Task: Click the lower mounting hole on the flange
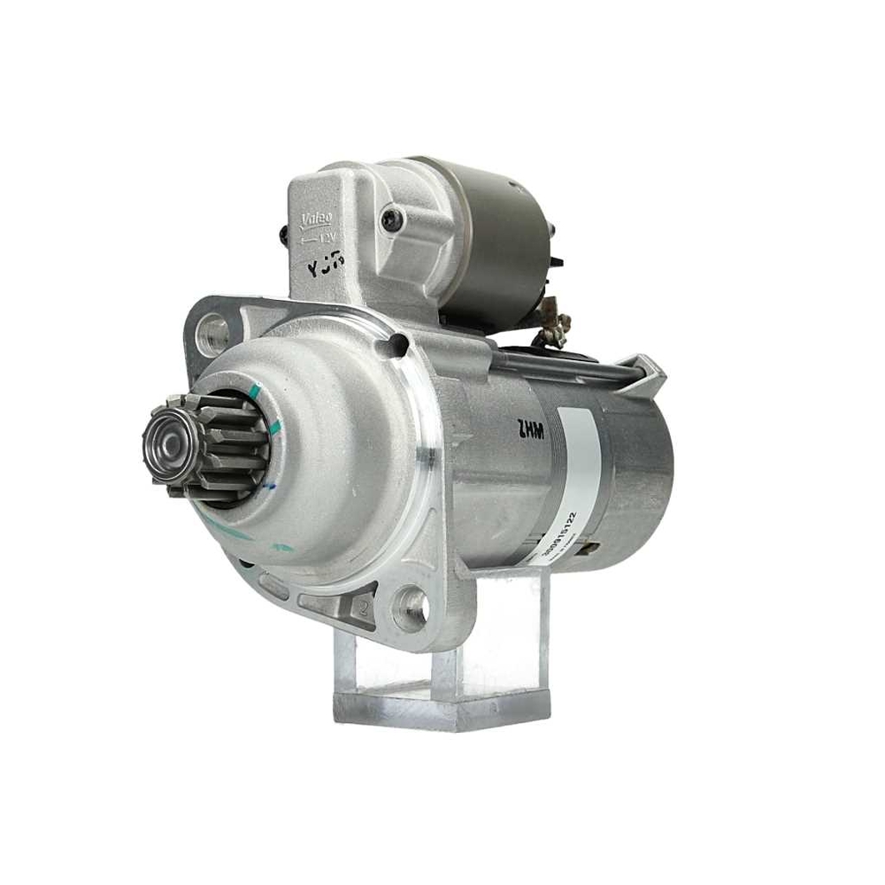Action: tap(412, 607)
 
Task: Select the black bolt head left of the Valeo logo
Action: tap(283, 235)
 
